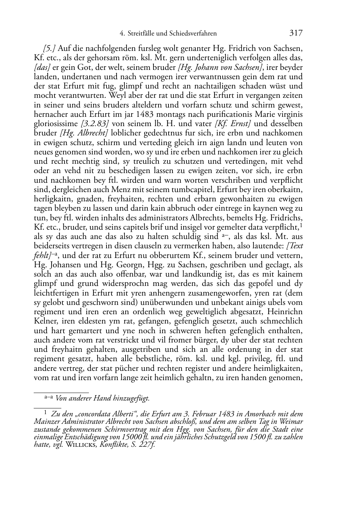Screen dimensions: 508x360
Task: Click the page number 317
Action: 296,33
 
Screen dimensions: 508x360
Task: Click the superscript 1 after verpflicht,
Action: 301,225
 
